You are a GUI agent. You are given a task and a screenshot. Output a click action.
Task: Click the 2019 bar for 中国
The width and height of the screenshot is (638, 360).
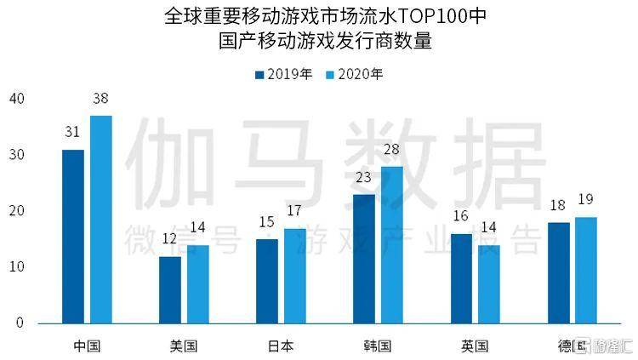click(x=73, y=237)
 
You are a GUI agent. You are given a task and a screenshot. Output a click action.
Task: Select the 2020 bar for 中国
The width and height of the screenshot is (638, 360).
click(x=101, y=220)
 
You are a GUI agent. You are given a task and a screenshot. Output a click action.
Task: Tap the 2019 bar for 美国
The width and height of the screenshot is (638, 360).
click(x=170, y=290)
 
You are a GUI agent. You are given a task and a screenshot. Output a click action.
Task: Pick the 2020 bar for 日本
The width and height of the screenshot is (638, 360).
click(x=295, y=276)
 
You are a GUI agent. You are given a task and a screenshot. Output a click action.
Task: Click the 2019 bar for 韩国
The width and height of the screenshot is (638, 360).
click(x=364, y=259)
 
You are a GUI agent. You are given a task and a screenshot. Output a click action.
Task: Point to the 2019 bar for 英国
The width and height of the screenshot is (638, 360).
click(x=461, y=278)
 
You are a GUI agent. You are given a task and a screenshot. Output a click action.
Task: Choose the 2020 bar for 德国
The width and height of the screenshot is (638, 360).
click(x=586, y=270)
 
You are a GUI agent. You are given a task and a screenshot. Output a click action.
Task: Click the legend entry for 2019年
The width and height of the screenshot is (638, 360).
click(x=284, y=74)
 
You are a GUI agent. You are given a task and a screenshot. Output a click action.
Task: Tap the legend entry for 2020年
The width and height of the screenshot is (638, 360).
click(x=355, y=74)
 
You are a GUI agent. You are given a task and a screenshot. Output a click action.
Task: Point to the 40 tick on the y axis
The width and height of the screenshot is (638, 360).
click(x=17, y=100)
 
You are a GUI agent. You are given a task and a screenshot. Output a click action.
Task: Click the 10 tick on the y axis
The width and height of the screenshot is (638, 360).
click(x=17, y=267)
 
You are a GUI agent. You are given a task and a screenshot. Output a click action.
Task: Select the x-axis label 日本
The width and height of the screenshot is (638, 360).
click(x=281, y=346)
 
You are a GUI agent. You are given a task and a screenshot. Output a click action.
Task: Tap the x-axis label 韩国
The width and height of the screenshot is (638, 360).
click(x=378, y=346)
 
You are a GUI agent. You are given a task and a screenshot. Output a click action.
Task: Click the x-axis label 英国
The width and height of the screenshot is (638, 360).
click(x=475, y=346)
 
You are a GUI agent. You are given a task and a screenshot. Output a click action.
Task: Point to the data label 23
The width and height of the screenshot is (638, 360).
click(x=364, y=179)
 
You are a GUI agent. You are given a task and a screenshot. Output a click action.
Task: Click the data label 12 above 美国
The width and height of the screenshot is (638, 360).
click(x=169, y=240)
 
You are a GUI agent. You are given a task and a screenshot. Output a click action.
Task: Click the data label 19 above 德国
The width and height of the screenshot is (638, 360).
click(x=586, y=199)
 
